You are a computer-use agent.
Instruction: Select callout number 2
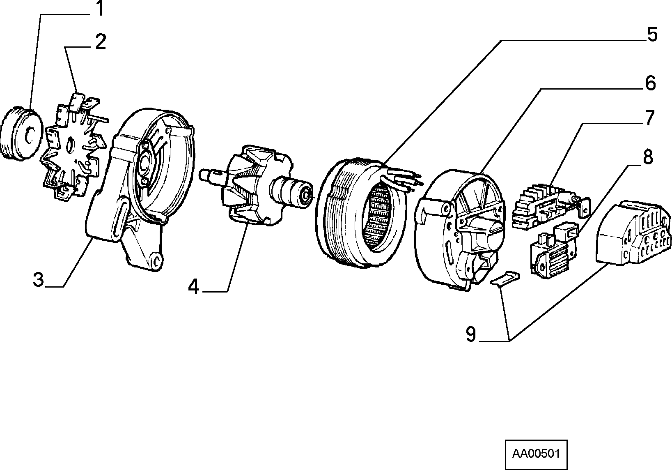pyautogui.click(x=101, y=42)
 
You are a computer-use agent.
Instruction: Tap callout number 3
pyautogui.click(x=39, y=280)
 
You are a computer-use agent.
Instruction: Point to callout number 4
pyautogui.click(x=193, y=286)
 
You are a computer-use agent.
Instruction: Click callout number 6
pyautogui.click(x=650, y=83)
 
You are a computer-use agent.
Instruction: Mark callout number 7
pyautogui.click(x=649, y=118)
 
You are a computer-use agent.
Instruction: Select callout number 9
pyautogui.click(x=471, y=334)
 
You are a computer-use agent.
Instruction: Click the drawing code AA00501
pyautogui.click(x=536, y=454)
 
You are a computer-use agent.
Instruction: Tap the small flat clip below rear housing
pyautogui.click(x=505, y=278)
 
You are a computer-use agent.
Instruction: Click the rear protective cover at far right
pyautogui.click(x=633, y=233)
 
